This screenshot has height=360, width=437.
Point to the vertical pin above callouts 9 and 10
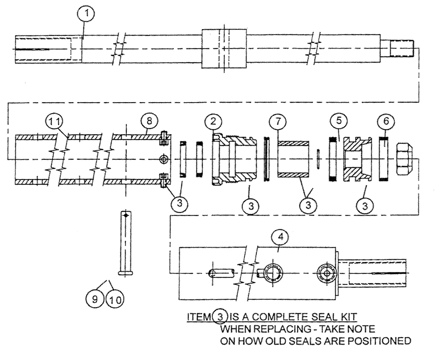(126, 242)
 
